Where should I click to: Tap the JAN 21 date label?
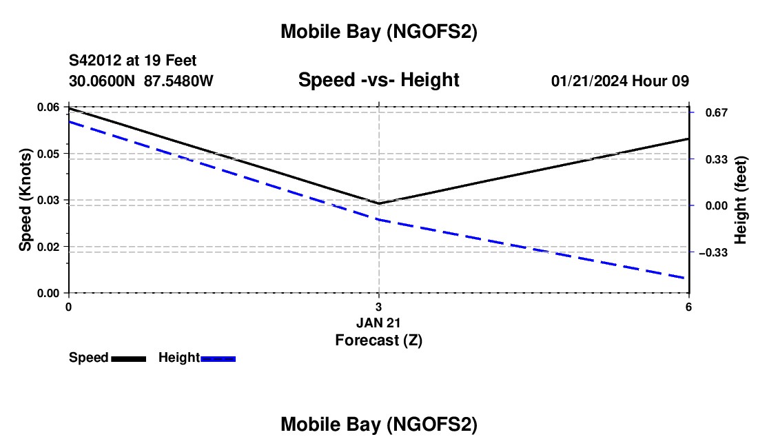(x=379, y=323)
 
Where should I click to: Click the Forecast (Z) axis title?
(x=379, y=340)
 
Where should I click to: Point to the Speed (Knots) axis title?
(x=25, y=200)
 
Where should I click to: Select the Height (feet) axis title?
(x=741, y=200)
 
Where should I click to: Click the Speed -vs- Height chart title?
(x=378, y=80)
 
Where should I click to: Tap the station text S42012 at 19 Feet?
(x=133, y=61)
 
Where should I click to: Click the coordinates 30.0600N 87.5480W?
(x=141, y=81)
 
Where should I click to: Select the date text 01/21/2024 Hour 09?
(x=619, y=81)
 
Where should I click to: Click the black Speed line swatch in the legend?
(x=128, y=358)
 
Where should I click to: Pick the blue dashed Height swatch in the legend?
(x=218, y=358)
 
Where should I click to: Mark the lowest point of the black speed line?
(x=379, y=203)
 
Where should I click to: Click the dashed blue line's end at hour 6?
(x=688, y=278)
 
